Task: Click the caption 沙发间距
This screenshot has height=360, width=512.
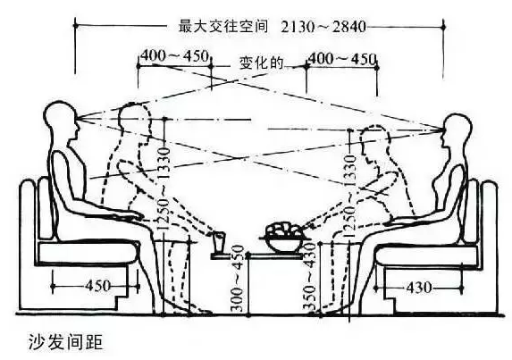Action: pyautogui.click(x=65, y=342)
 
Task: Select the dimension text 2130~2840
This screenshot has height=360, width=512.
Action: pyautogui.click(x=323, y=27)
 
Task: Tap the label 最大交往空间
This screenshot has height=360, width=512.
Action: pyautogui.click(x=223, y=26)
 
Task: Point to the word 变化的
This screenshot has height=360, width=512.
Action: pyautogui.click(x=262, y=63)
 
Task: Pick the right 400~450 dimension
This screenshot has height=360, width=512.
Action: pyautogui.click(x=342, y=59)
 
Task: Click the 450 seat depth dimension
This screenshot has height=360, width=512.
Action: pyautogui.click(x=98, y=286)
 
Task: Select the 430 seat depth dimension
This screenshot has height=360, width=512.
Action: pyautogui.click(x=419, y=288)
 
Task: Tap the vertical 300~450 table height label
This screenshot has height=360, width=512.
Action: pyautogui.click(x=238, y=279)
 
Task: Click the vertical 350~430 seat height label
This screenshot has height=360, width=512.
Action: pyautogui.click(x=309, y=276)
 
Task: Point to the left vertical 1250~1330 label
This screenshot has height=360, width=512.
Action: pyautogui.click(x=164, y=189)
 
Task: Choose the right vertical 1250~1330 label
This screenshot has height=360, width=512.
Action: pyautogui.click(x=349, y=196)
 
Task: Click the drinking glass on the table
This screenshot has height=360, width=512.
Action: pyautogui.click(x=219, y=242)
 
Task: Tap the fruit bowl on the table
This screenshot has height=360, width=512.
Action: pyautogui.click(x=283, y=237)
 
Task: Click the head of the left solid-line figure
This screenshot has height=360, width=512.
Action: pyautogui.click(x=62, y=120)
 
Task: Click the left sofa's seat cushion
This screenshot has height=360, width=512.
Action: pyautogui.click(x=88, y=252)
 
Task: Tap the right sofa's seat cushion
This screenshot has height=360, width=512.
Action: pyautogui.click(x=426, y=255)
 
